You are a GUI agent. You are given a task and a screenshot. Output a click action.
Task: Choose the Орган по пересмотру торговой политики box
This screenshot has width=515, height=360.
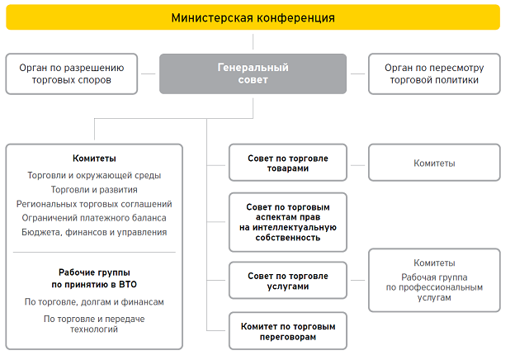tap(433, 73)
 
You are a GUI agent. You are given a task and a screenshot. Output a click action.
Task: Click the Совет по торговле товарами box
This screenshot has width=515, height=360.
tap(288, 163)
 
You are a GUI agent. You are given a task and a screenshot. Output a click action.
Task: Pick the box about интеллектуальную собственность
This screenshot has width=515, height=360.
tap(288, 222)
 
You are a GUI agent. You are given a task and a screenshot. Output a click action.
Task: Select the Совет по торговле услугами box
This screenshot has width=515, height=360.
tap(288, 281)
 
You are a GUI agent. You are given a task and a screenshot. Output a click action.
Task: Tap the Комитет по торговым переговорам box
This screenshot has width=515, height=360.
tap(288, 332)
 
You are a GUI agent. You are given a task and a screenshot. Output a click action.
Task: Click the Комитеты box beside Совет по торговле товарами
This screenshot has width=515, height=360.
tap(434, 163)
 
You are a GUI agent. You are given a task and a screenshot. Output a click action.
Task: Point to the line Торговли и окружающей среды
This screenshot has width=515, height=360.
tap(94, 175)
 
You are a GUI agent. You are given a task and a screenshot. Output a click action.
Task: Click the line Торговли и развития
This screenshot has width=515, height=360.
tap(94, 189)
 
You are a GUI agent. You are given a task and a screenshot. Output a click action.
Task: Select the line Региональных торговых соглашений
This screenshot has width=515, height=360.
tap(94, 203)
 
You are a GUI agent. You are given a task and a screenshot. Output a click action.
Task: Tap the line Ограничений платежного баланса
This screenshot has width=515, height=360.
tap(94, 217)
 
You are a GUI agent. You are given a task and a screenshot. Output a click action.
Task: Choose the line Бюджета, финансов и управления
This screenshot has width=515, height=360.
tap(94, 232)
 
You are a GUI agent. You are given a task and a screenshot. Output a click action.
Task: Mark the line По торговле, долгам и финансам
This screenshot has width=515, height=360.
tap(94, 301)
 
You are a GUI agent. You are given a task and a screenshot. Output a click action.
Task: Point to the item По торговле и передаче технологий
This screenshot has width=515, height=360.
tap(94, 323)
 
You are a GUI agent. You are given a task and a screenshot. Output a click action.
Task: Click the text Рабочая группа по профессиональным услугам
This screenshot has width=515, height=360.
tap(434, 287)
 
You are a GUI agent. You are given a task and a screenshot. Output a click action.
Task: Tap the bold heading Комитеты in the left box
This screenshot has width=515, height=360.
tap(94, 158)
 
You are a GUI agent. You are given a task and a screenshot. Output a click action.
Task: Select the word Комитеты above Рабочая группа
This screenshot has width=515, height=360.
tap(434, 263)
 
